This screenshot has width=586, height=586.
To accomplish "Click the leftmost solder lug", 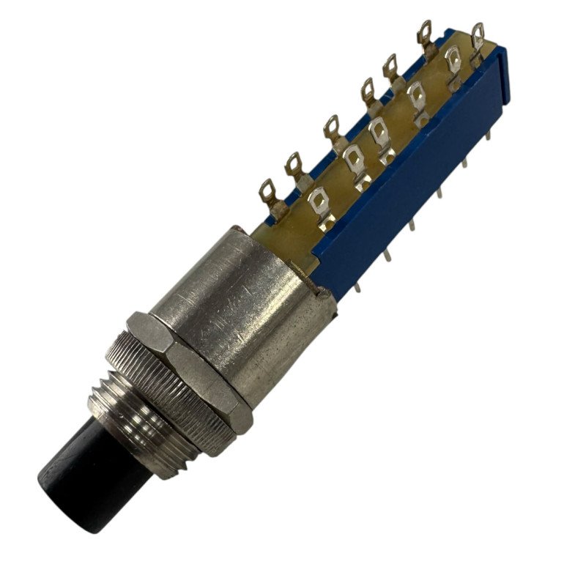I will click(x=267, y=193).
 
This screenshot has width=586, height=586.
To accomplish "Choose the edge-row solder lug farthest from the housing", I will click(x=426, y=32).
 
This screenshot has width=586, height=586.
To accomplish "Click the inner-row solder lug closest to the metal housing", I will click(x=319, y=201).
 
